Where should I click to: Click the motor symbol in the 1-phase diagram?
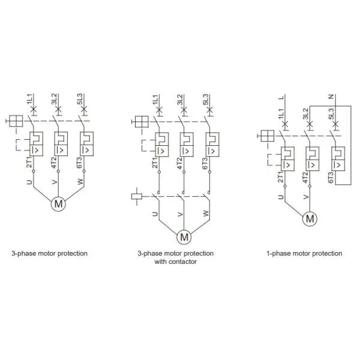point(310,218)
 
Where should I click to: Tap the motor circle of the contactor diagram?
point(184,237)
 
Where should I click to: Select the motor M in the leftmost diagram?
point(58,203)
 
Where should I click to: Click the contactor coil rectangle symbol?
point(137,197)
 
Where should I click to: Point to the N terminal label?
point(331,97)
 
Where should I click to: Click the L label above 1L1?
point(281,97)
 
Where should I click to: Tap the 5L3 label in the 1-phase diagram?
point(331,113)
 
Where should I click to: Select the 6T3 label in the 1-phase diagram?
point(331,177)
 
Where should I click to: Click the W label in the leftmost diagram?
point(80,182)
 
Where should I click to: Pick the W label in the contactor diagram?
point(206,213)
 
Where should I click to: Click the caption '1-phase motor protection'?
point(304,253)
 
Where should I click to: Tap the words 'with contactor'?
point(175,262)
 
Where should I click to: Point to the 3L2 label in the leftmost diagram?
point(54,99)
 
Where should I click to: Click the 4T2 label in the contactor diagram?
point(180,163)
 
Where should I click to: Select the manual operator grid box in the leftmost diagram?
point(16,121)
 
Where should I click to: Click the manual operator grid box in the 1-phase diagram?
point(268,136)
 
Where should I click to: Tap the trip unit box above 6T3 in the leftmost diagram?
point(87,144)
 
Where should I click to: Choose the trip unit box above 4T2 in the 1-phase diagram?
point(312,158)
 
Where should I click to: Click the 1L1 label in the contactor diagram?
point(155,100)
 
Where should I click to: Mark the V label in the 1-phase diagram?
point(306,197)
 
